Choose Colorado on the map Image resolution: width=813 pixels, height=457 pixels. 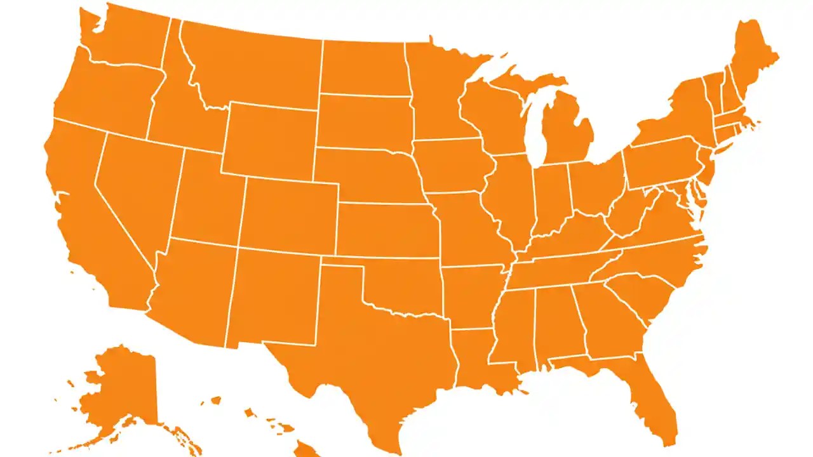pos(289,213)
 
